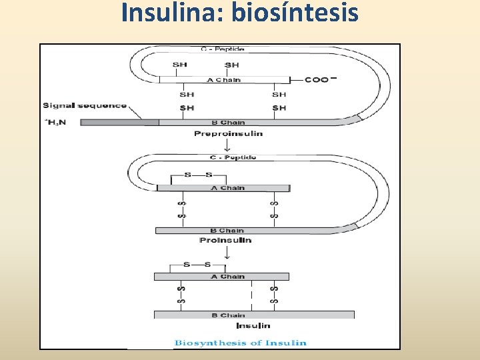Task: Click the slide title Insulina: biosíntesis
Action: [x=240, y=13]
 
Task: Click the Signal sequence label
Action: [x=85, y=105]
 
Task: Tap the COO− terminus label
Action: [x=317, y=80]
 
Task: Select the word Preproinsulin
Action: [x=228, y=133]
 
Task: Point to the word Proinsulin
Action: [x=225, y=240]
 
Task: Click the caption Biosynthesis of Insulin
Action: [x=241, y=343]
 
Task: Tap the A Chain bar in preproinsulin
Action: [x=224, y=80]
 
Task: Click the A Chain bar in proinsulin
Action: [x=223, y=188]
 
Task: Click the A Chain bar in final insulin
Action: [x=221, y=276]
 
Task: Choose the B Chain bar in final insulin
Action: [x=254, y=315]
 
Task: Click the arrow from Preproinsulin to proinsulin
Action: [x=228, y=145]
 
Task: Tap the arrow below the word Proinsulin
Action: [x=228, y=252]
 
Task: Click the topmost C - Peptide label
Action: [x=223, y=49]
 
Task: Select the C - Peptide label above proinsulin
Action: [x=233, y=157]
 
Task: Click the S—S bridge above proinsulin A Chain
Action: [x=197, y=175]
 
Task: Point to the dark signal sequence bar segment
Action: [x=120, y=122]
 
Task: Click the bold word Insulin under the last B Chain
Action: [x=253, y=325]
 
